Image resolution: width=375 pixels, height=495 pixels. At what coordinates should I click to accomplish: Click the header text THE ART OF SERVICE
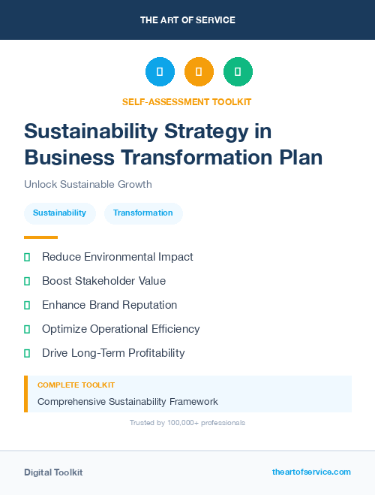(187, 20)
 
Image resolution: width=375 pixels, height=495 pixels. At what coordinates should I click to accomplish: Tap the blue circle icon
(160, 71)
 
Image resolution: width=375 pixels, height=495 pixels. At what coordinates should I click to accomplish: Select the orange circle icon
(199, 71)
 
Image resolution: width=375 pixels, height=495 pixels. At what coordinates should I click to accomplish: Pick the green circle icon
(238, 71)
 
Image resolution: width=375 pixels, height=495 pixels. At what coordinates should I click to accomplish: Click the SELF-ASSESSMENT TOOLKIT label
(187, 101)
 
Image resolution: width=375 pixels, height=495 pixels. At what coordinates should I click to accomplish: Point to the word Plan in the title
(298, 158)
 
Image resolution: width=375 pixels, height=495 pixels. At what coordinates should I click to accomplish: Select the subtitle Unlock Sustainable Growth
(88, 184)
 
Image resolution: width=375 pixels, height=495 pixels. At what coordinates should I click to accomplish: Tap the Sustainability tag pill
(59, 213)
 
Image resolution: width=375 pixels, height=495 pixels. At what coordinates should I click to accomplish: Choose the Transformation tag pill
(143, 213)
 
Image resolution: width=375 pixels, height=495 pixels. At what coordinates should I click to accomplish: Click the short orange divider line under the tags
(40, 237)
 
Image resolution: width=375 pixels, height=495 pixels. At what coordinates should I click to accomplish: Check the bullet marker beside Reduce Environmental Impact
(27, 258)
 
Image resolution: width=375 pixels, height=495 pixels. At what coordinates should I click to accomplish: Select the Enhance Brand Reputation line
(109, 305)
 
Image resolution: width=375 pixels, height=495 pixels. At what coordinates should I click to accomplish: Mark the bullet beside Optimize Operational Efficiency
(27, 329)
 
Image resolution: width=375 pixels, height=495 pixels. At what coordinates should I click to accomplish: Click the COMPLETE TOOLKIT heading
(76, 385)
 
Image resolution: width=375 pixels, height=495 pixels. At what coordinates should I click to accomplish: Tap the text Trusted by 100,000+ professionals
(187, 423)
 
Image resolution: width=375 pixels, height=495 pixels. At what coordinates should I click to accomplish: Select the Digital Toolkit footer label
(53, 472)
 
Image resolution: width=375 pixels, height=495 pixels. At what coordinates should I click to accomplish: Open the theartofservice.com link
(311, 472)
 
